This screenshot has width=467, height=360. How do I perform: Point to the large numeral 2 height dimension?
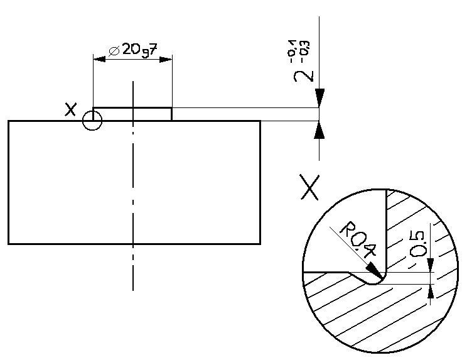304,74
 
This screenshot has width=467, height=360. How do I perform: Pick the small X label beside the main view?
71,110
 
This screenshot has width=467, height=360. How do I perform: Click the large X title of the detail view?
310,187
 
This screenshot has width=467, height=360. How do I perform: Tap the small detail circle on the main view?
92,121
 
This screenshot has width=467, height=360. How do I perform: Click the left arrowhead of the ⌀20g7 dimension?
99,60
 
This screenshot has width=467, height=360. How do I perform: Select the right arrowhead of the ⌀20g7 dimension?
166,60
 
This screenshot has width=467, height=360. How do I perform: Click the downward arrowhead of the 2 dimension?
319,99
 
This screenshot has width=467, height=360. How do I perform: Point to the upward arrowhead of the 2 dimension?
319,129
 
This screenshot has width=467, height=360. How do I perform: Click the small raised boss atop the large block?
132,114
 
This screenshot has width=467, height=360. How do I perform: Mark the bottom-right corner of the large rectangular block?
260,243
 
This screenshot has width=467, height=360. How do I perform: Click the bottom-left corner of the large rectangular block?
9,243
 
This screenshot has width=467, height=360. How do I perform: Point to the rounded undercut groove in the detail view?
373,280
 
